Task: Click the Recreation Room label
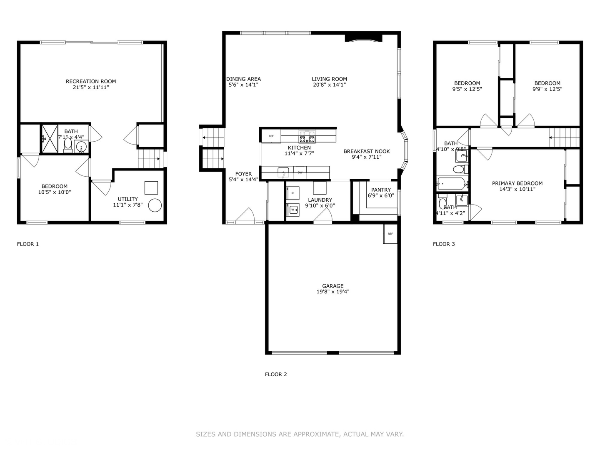(x=91, y=82)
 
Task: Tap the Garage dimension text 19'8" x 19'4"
(x=332, y=292)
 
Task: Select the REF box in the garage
(x=390, y=234)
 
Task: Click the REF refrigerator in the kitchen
(x=271, y=136)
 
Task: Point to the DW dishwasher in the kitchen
(x=300, y=172)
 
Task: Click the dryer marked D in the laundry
(x=293, y=193)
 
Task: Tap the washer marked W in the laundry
(x=293, y=210)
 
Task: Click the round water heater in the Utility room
(x=155, y=205)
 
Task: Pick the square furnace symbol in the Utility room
(x=151, y=188)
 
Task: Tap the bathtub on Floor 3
(x=452, y=183)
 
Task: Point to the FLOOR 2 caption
(x=276, y=374)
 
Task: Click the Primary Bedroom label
(x=517, y=183)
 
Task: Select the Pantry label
(x=381, y=190)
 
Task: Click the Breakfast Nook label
(x=367, y=151)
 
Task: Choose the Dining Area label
(x=243, y=79)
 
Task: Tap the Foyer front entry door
(x=245, y=216)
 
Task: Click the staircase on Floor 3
(x=564, y=137)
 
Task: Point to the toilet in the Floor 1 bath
(x=68, y=144)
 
